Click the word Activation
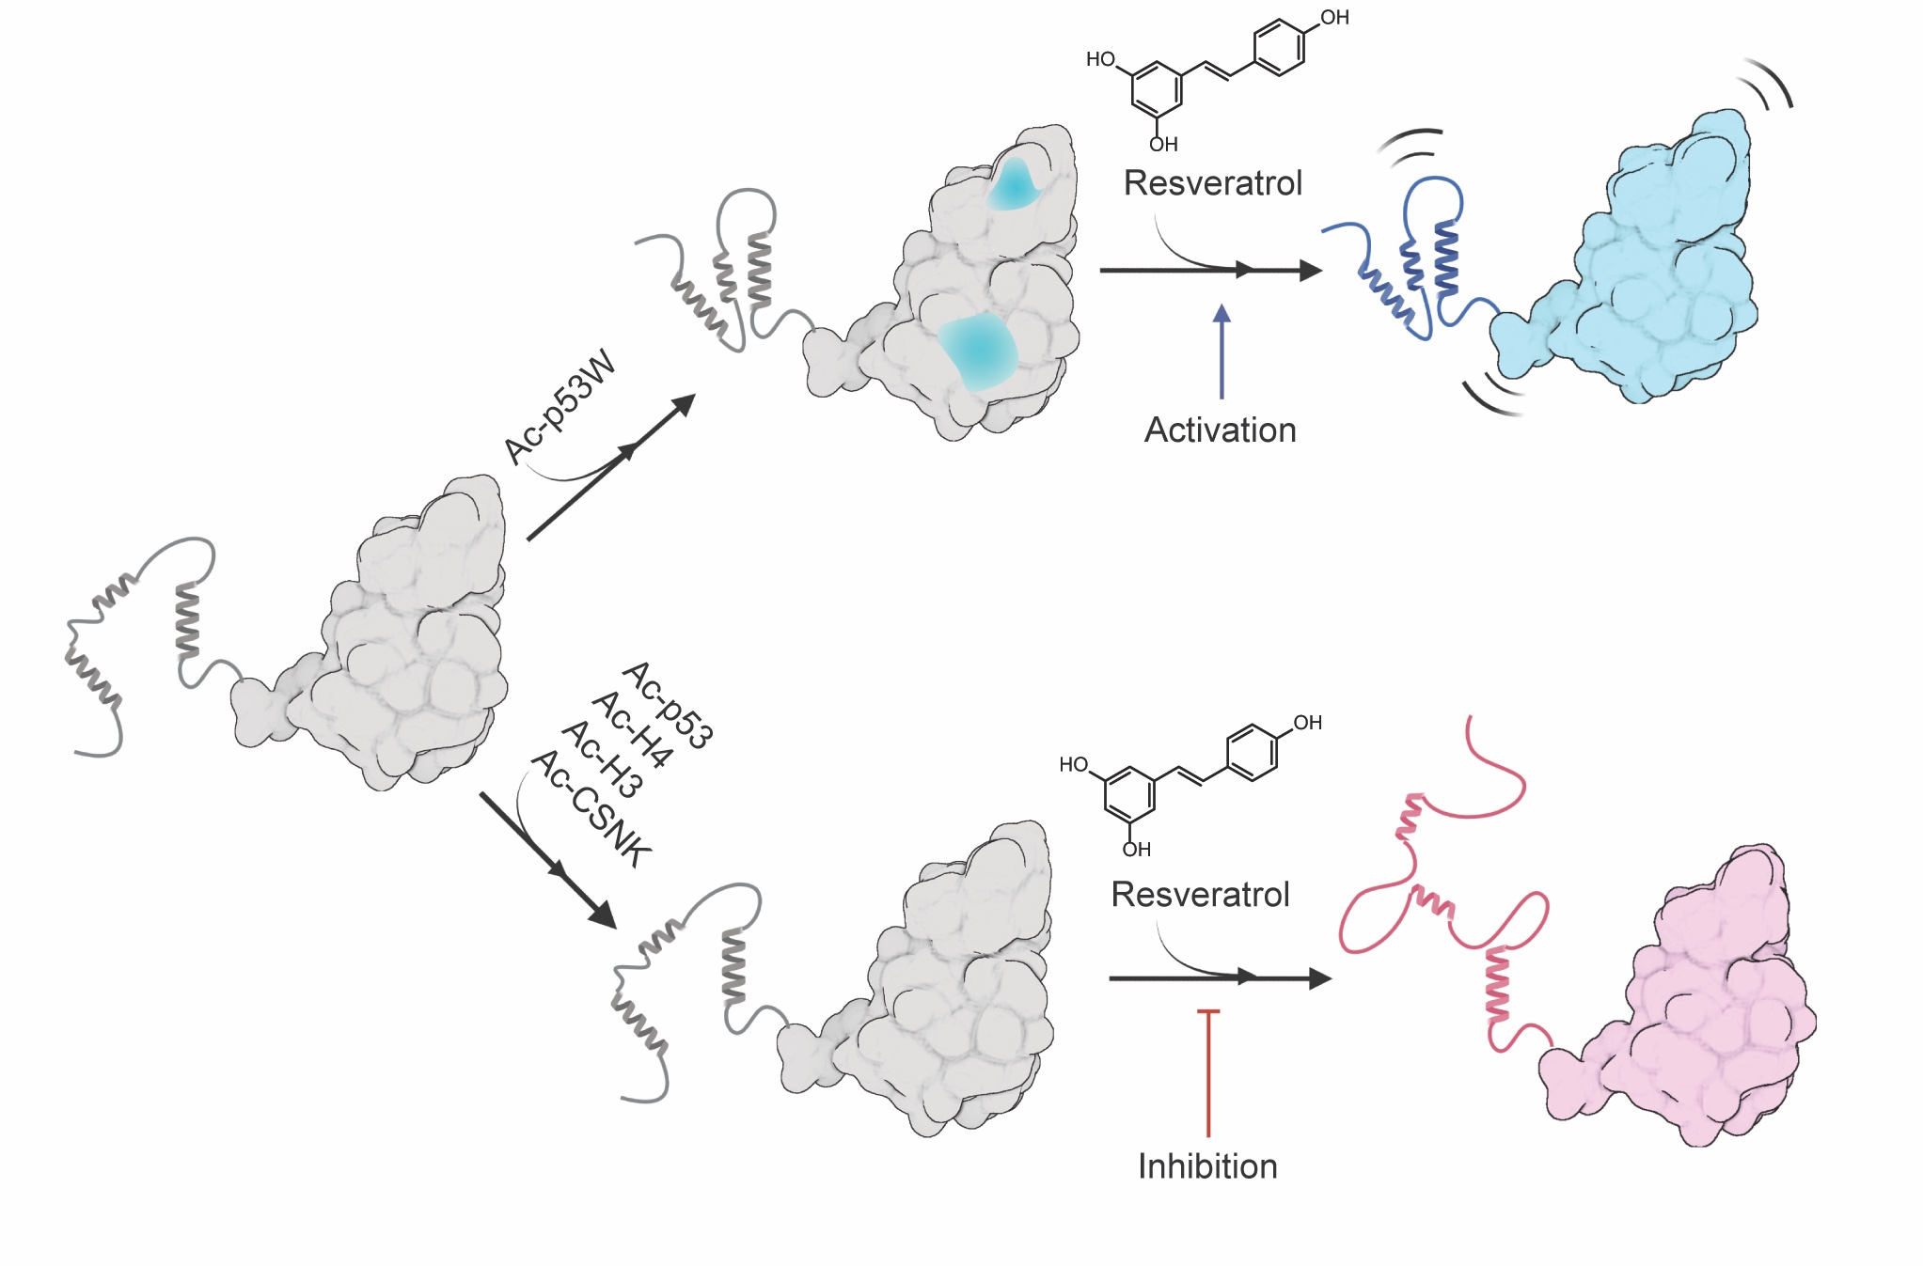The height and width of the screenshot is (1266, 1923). coord(1220,430)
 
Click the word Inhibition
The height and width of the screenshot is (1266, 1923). coord(1207,1166)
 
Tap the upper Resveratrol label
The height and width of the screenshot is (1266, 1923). coord(1213,183)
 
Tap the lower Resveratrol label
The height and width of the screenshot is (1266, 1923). coord(1200,895)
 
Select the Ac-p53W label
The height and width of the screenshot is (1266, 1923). coord(560,406)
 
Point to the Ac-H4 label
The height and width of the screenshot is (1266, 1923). coord(633,728)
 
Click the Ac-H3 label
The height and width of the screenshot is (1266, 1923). coord(603,759)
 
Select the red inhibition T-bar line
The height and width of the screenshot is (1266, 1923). coord(1208,1071)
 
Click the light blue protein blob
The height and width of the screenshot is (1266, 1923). coord(1655,273)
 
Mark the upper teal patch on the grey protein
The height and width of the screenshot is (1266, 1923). coord(1014,184)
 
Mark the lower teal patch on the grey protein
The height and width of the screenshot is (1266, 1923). coord(978,351)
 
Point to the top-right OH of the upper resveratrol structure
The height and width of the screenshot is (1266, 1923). coord(1334,18)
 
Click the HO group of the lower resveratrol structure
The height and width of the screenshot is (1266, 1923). coord(1073,765)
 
